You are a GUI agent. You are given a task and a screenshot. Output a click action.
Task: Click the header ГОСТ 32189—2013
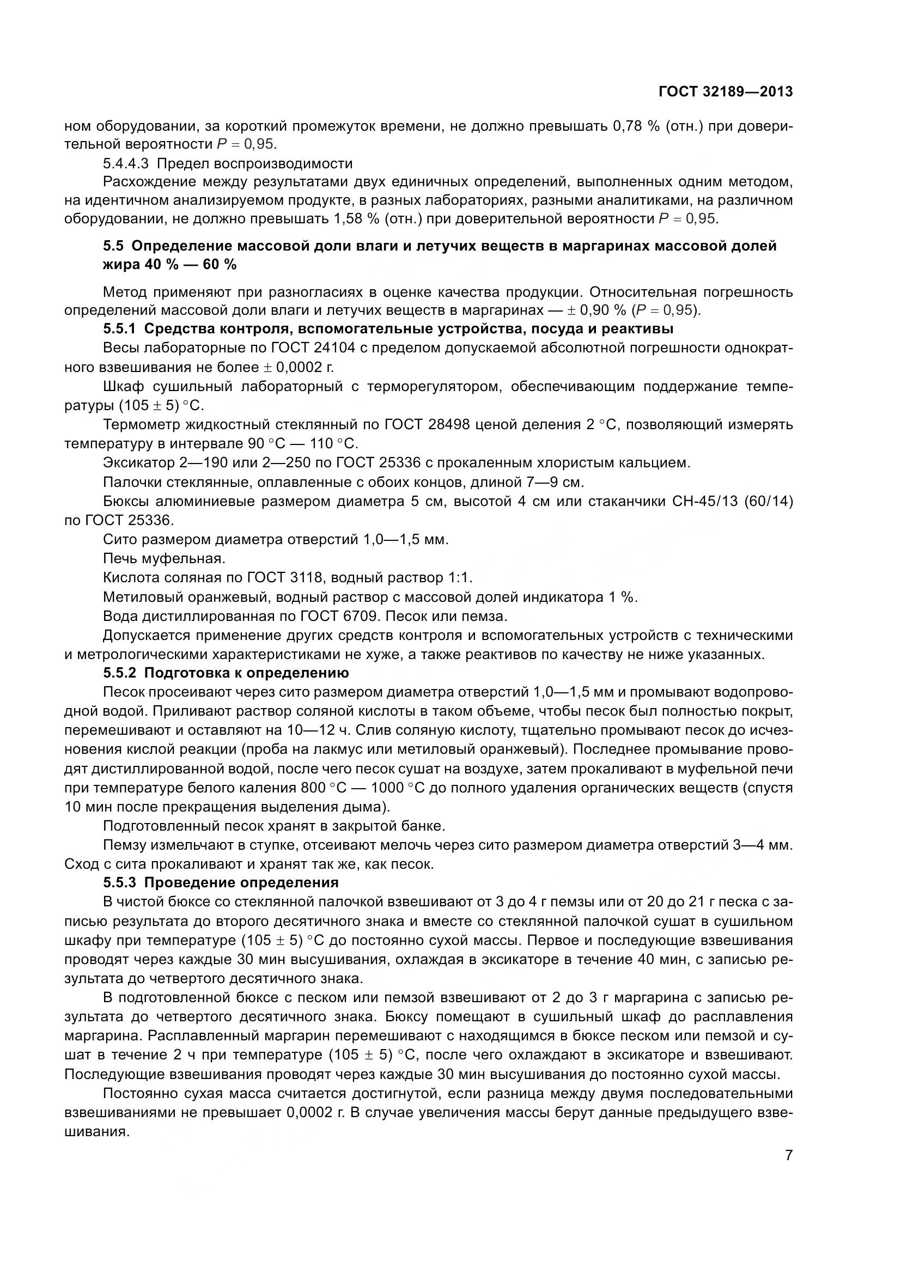726,92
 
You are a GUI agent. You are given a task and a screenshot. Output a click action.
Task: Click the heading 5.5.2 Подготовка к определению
226,674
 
